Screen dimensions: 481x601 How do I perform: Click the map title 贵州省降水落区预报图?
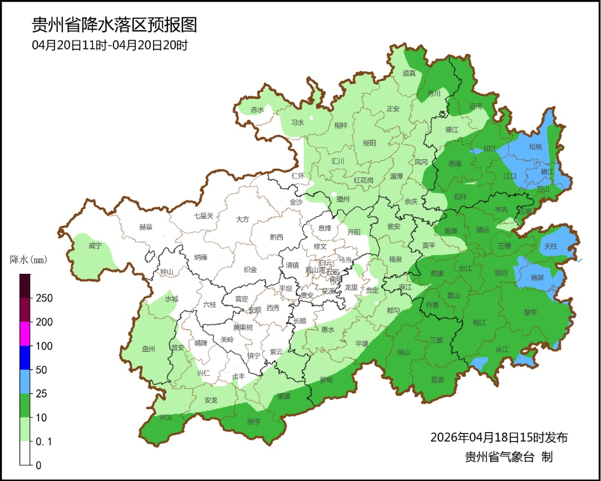(115, 25)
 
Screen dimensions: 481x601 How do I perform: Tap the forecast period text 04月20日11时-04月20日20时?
(110, 45)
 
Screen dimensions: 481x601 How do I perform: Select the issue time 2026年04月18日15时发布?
(499, 437)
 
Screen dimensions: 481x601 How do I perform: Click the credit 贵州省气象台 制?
(509, 457)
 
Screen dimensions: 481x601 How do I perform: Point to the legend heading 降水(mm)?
(29, 260)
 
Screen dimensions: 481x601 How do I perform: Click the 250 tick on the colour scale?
(44, 298)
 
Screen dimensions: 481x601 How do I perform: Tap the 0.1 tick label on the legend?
(43, 441)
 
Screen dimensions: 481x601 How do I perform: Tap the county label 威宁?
(95, 246)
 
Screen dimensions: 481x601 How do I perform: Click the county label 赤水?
(257, 110)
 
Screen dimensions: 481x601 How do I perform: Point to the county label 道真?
(409, 73)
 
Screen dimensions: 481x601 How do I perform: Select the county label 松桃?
(535, 147)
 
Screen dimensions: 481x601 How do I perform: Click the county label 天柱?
(550, 246)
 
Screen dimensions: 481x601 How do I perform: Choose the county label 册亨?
(253, 421)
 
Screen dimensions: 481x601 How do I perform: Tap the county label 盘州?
(149, 349)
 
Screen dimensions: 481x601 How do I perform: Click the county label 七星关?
(203, 216)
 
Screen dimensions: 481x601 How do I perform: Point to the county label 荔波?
(437, 379)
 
